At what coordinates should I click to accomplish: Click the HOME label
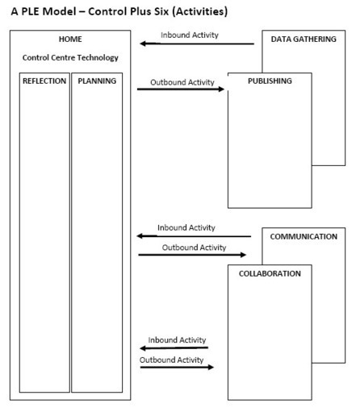pyautogui.click(x=70, y=40)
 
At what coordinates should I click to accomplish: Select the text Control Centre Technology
pyautogui.click(x=70, y=58)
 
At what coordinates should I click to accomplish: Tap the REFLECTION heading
pyautogui.click(x=44, y=81)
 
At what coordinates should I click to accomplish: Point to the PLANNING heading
pyautogui.click(x=97, y=81)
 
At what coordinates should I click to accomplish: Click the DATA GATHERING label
pyautogui.click(x=303, y=40)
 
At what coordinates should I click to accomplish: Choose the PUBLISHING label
pyautogui.click(x=270, y=81)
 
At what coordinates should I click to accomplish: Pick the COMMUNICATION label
pyautogui.click(x=303, y=236)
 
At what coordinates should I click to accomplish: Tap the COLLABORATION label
pyautogui.click(x=270, y=273)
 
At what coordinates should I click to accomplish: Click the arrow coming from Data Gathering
pyautogui.click(x=197, y=44)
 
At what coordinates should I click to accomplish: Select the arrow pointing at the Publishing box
pyautogui.click(x=181, y=89)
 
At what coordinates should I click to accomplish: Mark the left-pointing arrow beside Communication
pyautogui.click(x=194, y=236)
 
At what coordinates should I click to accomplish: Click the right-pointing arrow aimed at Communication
pyautogui.click(x=192, y=255)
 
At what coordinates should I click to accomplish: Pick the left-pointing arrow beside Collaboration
pyautogui.click(x=174, y=348)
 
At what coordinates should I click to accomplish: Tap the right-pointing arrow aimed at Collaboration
pyautogui.click(x=177, y=367)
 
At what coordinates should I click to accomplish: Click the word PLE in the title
pyautogui.click(x=30, y=11)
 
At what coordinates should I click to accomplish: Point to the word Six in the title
pyautogui.click(x=161, y=11)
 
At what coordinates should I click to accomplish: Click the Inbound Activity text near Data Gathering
pyautogui.click(x=190, y=35)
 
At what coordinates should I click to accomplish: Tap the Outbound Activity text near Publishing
pyautogui.click(x=182, y=82)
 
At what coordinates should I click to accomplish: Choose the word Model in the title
pyautogui.click(x=60, y=11)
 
